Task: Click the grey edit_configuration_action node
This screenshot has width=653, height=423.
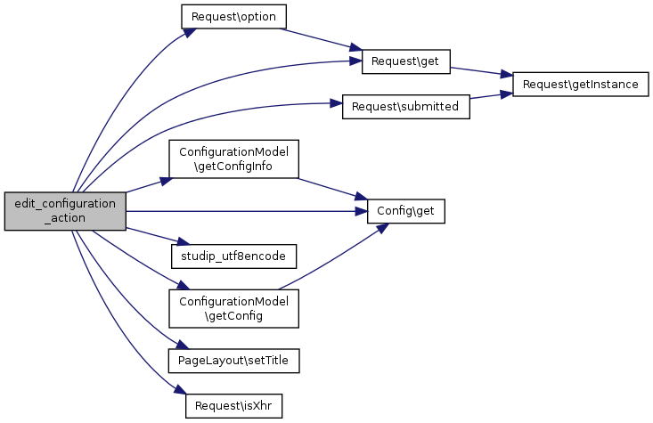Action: coord(64,211)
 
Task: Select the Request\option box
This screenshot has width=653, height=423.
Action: coord(234,17)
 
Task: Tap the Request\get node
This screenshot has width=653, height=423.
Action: coord(406,61)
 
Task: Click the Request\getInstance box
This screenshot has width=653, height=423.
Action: coord(581,84)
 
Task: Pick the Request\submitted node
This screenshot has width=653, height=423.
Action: coord(406,106)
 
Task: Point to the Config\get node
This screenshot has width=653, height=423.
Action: coord(406,211)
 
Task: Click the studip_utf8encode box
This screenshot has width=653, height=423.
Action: coord(234,255)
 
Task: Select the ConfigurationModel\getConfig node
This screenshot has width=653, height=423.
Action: coord(234,308)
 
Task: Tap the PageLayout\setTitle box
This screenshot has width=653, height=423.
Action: coord(234,360)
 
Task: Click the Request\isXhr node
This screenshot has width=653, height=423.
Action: coord(234,404)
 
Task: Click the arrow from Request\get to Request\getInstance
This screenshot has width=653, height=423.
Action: coord(482,71)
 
